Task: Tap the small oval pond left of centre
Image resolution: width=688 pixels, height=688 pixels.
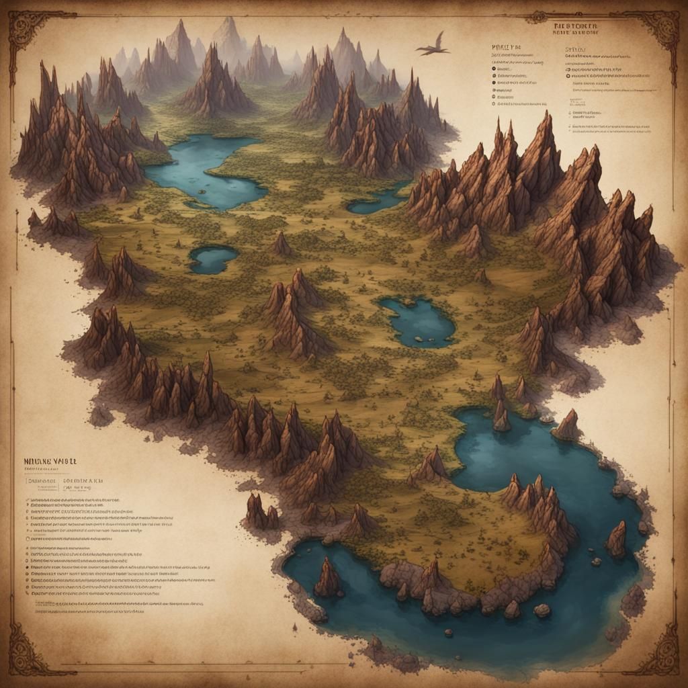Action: pos(213,258)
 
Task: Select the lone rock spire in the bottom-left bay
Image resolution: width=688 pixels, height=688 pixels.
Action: pos(328,577)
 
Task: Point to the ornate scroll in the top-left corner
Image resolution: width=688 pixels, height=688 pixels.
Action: pos(30,30)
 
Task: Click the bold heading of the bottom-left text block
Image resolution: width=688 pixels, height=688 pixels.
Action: pos(51,463)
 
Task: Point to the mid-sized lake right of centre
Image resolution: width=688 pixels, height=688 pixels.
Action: pos(418,320)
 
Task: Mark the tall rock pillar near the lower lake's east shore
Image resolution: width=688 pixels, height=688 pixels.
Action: pos(616,538)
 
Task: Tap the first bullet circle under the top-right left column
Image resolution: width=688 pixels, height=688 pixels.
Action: pos(494,68)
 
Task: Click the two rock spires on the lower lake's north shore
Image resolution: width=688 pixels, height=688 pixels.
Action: pos(501,407)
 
